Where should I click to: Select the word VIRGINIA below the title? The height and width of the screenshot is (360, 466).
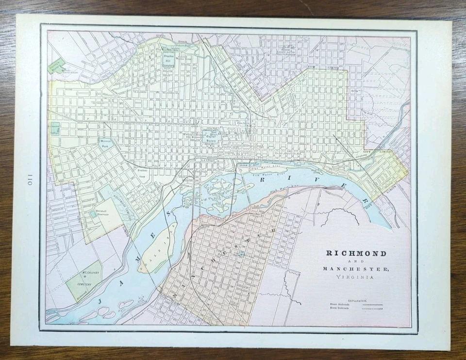353,277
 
